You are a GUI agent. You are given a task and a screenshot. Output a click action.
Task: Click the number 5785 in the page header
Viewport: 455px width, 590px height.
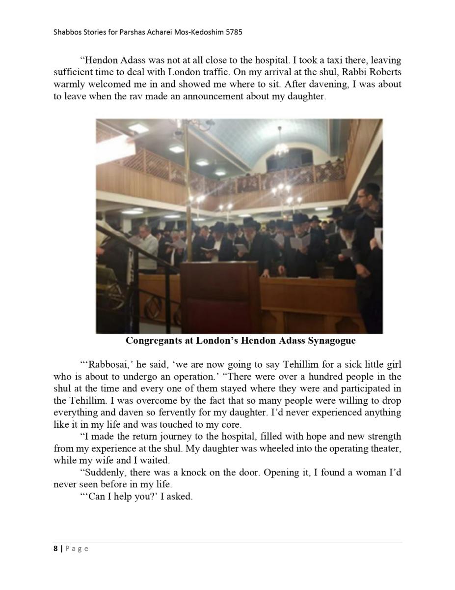coord(232,32)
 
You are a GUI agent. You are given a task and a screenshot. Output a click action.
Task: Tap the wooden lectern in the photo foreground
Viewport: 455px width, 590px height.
coord(221,295)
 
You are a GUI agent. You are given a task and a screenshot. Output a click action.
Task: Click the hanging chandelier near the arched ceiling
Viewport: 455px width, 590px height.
coord(281,146)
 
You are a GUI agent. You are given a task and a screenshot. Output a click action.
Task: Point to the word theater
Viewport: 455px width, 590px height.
coord(385,448)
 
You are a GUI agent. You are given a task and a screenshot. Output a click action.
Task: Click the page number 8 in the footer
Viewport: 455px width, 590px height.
coord(55,549)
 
